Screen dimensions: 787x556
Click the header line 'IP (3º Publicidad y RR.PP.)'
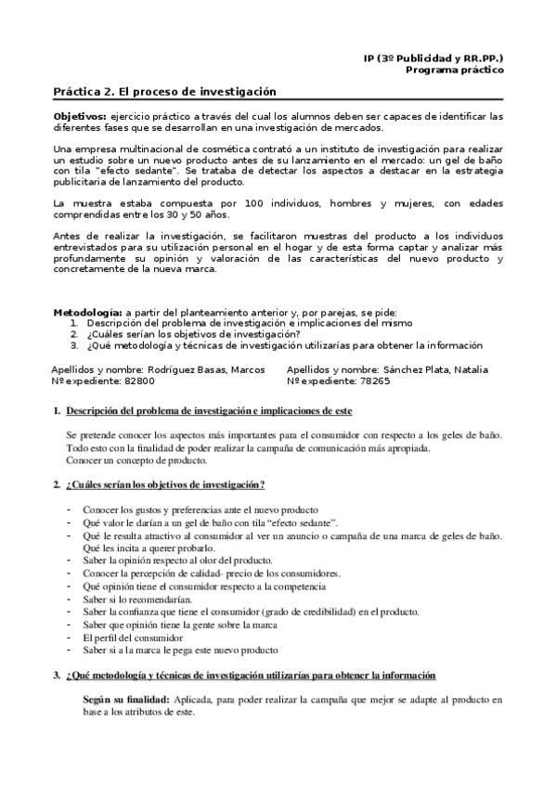(x=433, y=58)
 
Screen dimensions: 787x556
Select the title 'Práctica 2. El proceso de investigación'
(x=165, y=93)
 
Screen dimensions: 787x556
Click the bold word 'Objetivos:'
(x=81, y=116)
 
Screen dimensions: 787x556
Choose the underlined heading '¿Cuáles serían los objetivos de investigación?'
(x=165, y=484)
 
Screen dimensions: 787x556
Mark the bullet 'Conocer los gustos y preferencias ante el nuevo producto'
(x=200, y=510)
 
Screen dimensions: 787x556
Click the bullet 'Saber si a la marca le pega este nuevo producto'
(x=180, y=651)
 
